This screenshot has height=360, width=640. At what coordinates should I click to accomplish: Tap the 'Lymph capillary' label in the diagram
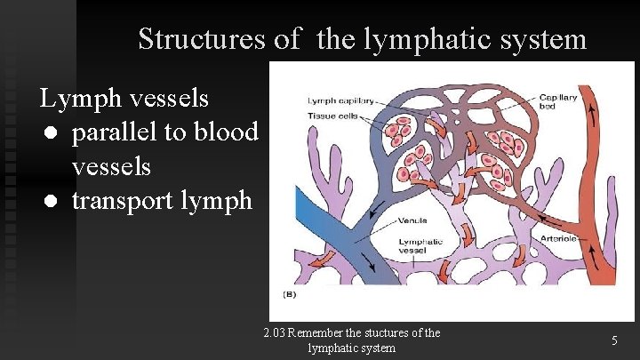pos(342,100)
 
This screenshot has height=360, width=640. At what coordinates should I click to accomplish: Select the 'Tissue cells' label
pos(332,115)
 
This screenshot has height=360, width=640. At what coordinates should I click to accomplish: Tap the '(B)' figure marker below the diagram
pos(290,293)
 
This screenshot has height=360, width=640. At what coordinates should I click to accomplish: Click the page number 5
pos(613,340)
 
